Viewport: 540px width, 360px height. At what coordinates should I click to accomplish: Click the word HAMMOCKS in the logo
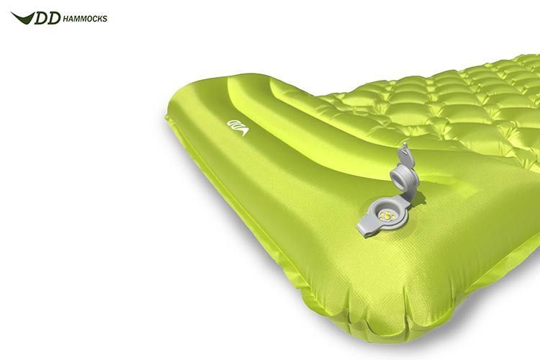[x=85, y=19]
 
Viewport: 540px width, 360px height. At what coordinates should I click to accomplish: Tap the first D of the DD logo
[x=41, y=18]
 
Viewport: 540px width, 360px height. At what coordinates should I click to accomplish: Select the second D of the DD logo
[x=54, y=18]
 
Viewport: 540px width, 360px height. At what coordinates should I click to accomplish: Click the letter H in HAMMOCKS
[x=66, y=19]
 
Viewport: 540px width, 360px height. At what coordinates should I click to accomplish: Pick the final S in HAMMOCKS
[x=104, y=19]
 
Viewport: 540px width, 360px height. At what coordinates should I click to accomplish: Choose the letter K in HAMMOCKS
[x=99, y=19]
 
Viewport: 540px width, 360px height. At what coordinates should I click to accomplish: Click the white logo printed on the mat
[x=238, y=127]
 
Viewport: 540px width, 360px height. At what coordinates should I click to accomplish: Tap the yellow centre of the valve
[x=386, y=216]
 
